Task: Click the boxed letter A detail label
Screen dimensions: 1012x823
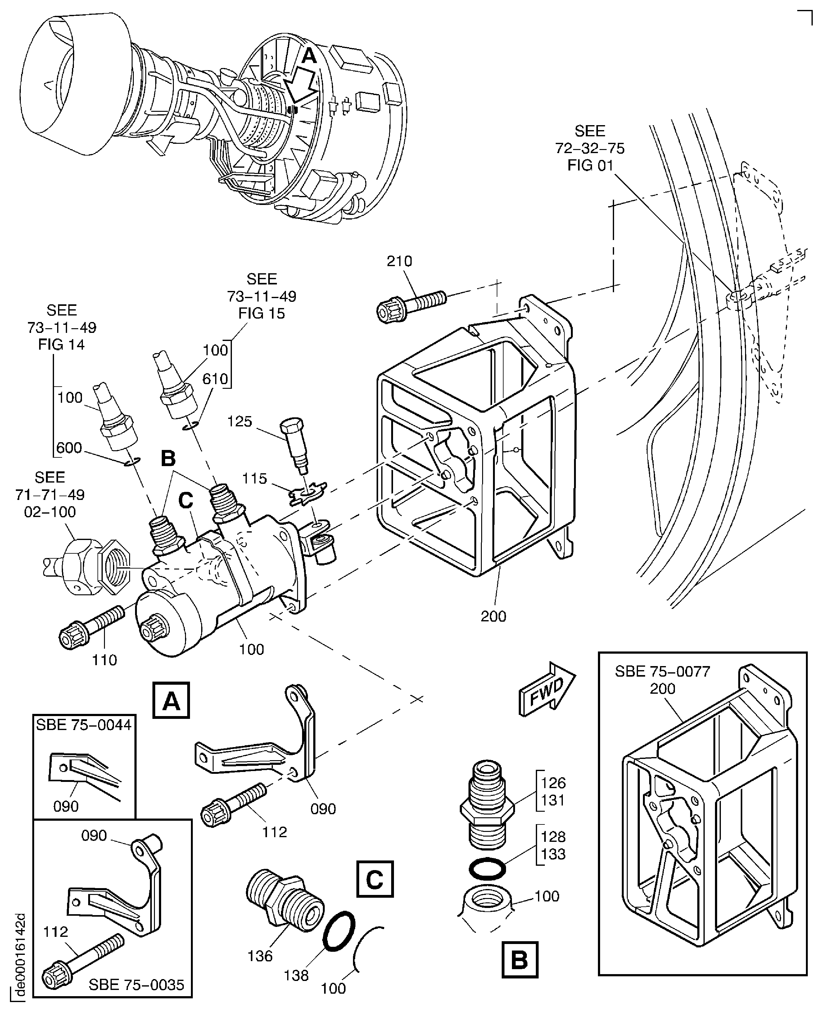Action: click(171, 700)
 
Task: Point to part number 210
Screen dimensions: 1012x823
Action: click(399, 261)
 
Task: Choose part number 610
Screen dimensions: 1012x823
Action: click(215, 379)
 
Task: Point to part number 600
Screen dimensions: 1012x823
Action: click(69, 448)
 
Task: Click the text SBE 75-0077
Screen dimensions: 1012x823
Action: click(662, 671)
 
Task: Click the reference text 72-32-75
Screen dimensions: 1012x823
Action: click(590, 148)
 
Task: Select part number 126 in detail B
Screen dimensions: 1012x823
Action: click(553, 783)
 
